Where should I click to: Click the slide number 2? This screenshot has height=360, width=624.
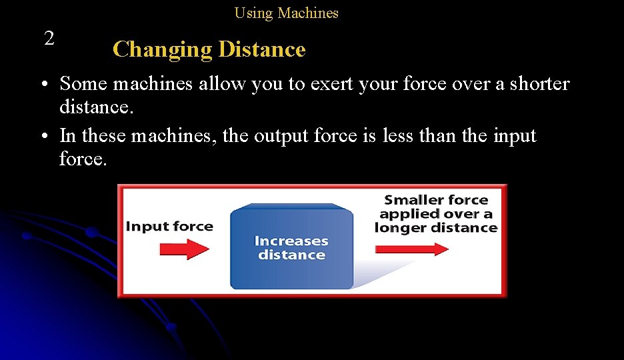coord(49,39)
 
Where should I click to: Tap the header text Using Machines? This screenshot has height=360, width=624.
coord(286,13)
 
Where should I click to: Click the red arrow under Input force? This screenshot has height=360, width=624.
coord(185,249)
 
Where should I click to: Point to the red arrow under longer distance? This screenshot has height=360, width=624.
coord(412,249)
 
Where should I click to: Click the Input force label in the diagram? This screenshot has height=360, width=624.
coord(169,227)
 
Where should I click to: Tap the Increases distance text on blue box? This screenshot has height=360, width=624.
coord(291,248)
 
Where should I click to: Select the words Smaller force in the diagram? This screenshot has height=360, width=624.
coord(436,200)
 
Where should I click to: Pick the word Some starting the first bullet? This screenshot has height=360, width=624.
coord(84,84)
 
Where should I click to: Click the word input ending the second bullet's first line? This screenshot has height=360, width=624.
coord(515,136)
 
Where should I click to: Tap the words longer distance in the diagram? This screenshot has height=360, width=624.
coord(436,228)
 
